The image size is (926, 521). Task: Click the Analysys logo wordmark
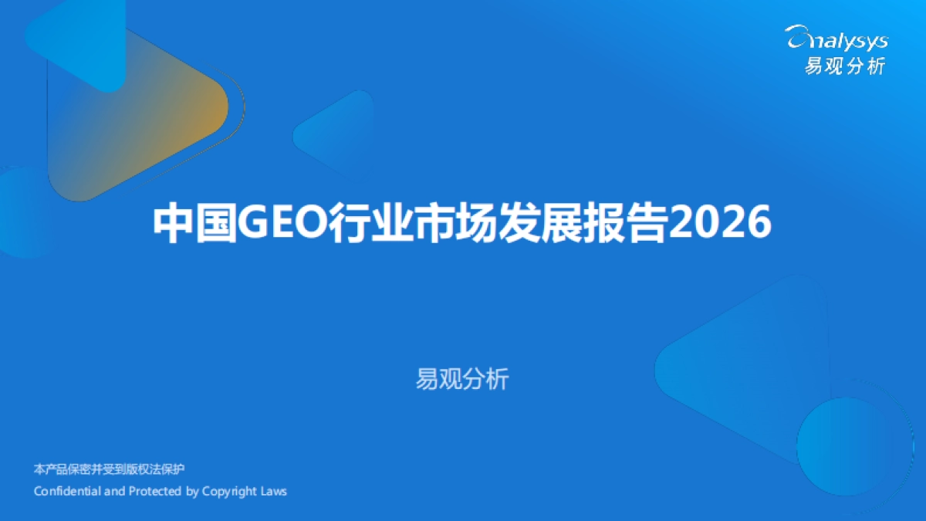(837, 39)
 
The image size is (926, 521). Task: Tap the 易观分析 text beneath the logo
(845, 66)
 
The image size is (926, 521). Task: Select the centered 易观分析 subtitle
(462, 380)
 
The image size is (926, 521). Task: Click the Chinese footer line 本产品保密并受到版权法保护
(110, 469)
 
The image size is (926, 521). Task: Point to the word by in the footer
(193, 492)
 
